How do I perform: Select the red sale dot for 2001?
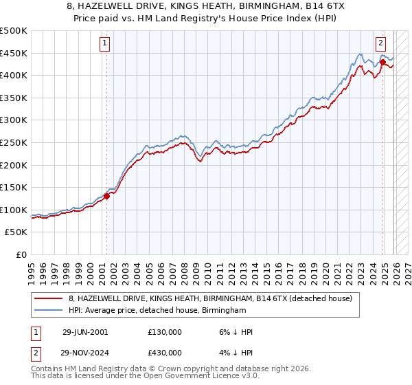pyautogui.click(x=107, y=196)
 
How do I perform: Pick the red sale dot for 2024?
pyautogui.click(x=382, y=62)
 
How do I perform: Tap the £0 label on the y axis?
pyautogui.click(x=21, y=254)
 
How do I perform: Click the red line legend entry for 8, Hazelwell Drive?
pyautogui.click(x=210, y=298)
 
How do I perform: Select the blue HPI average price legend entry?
pyautogui.click(x=157, y=311)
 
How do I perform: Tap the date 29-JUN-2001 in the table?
pyautogui.click(x=85, y=332)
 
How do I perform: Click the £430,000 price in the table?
pyautogui.click(x=165, y=352)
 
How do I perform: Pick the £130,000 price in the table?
pyautogui.click(x=165, y=332)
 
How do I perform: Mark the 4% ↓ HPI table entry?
pyautogui.click(x=234, y=352)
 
